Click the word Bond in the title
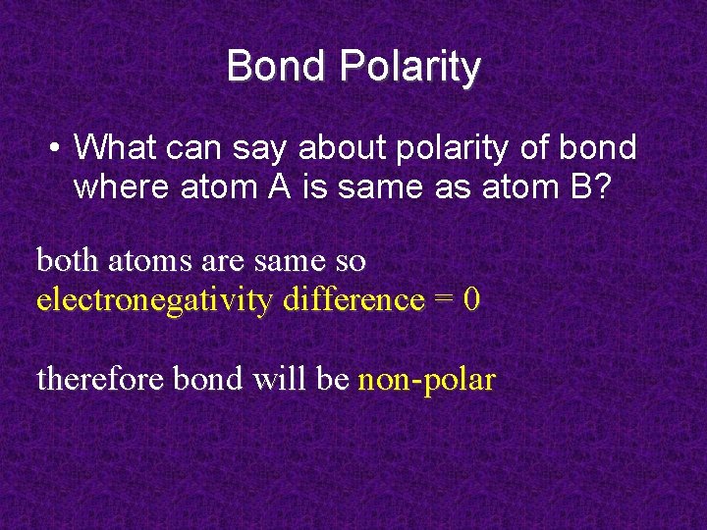278,67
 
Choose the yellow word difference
353,299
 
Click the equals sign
444,299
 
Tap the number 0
472,299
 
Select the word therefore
100,378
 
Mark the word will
268,378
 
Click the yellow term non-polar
426,379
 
